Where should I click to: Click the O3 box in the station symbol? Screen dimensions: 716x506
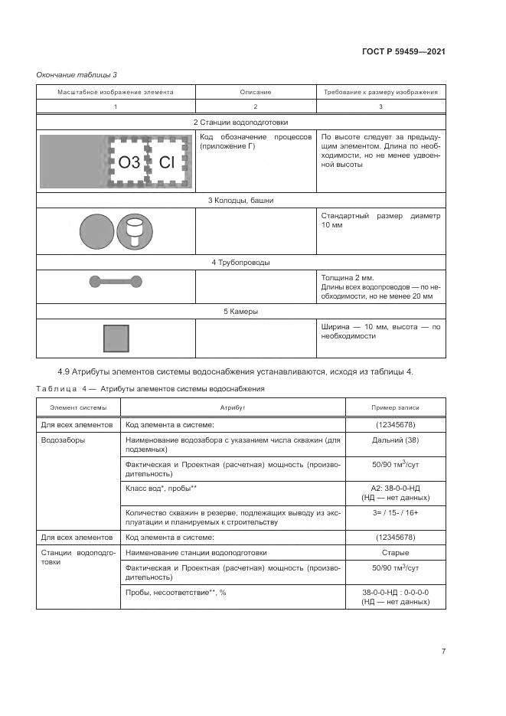click(129, 162)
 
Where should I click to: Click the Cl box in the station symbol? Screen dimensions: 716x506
click(167, 162)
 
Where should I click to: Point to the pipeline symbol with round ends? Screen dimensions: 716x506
click(116, 281)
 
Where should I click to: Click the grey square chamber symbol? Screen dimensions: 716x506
click(116, 338)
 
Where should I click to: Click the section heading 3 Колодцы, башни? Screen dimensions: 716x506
click(240, 201)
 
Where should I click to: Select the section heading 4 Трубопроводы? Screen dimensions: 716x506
click(240, 263)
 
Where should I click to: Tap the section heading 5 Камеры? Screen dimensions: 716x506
click(240, 312)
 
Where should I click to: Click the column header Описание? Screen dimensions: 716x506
click(256, 92)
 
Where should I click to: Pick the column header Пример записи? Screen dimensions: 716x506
click(395, 408)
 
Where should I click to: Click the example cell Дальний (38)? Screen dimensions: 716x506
click(395, 440)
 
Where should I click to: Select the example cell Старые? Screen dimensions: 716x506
click(395, 552)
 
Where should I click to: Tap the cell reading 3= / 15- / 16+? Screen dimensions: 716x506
click(395, 512)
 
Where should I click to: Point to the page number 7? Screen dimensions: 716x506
click(443, 651)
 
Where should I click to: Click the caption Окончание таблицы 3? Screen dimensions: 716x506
click(77, 74)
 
